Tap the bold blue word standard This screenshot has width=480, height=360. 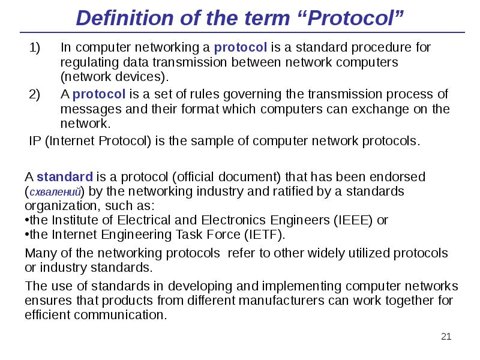click(x=65, y=177)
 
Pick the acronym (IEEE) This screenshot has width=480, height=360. click(x=352, y=220)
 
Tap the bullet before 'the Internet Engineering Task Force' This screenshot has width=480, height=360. click(x=26, y=235)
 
